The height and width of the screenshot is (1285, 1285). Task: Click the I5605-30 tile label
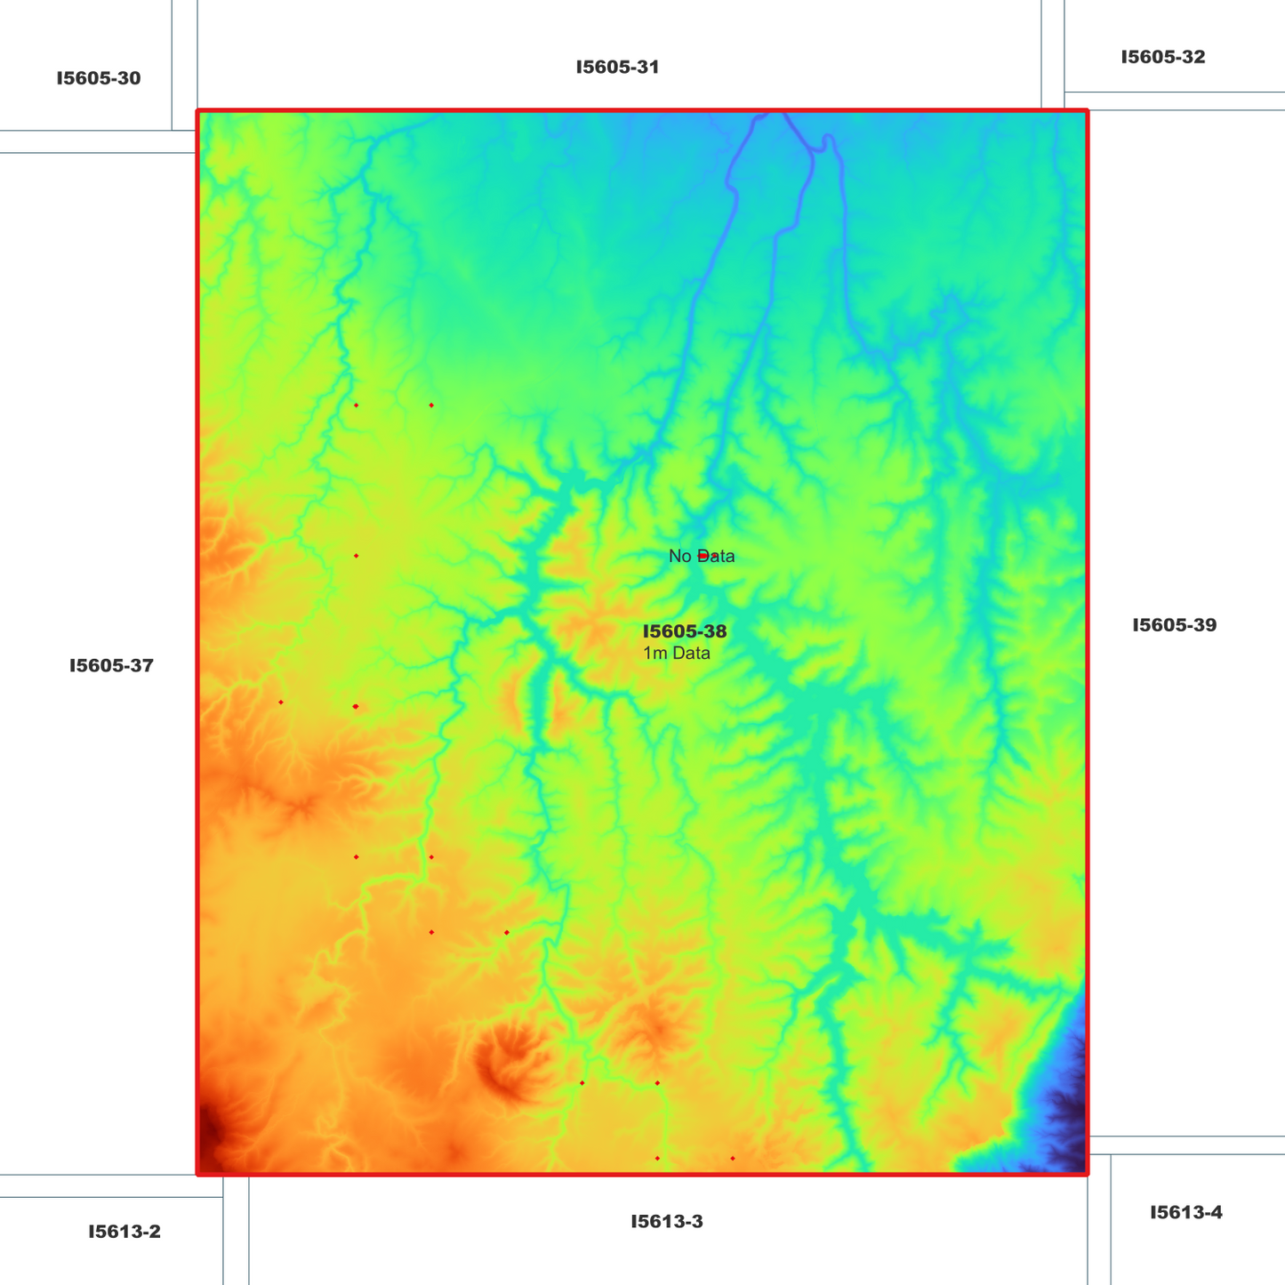98,78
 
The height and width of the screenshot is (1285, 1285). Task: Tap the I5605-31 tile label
617,67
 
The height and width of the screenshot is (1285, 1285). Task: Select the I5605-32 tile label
1162,57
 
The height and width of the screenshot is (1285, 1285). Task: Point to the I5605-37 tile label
111,665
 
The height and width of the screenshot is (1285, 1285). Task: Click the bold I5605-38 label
685,631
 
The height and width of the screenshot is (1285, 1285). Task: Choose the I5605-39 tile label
1174,625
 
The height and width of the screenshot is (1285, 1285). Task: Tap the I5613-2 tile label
124,1232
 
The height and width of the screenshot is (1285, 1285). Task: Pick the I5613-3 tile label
667,1221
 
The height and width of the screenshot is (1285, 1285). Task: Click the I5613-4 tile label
1185,1212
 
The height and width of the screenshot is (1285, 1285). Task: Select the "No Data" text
702,557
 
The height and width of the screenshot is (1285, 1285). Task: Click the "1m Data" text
677,654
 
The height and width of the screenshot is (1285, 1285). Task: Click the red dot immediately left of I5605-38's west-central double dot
281,703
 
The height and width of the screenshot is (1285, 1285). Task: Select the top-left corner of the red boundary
197,111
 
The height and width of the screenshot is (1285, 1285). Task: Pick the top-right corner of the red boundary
1087,111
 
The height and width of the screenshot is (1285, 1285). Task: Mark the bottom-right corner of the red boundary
1087,1174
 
